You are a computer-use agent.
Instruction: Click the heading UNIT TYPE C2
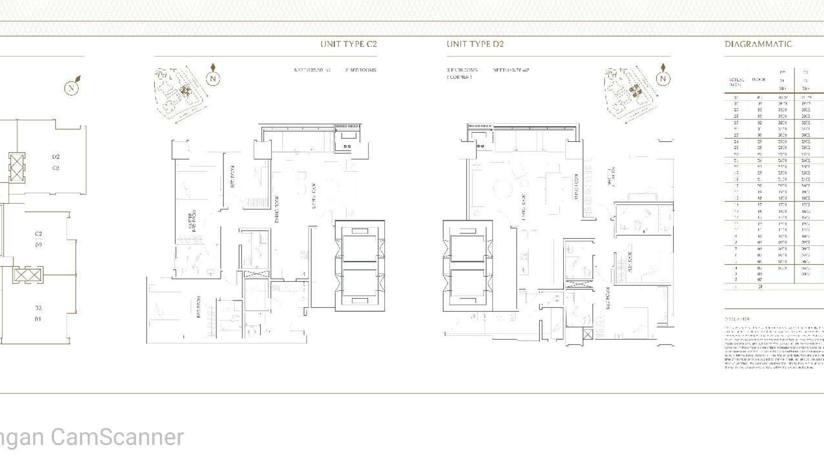349,44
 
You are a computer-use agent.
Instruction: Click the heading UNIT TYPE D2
475,44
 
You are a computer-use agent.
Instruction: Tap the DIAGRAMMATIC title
758,44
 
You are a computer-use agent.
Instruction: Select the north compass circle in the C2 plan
213,79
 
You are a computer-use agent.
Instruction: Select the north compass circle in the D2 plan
663,79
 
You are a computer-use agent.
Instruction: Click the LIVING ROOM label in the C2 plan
313,195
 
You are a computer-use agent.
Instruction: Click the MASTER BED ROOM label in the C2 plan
192,221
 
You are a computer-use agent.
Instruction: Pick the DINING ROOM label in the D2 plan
576,187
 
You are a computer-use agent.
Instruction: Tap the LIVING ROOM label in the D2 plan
524,207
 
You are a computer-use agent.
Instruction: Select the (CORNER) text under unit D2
459,77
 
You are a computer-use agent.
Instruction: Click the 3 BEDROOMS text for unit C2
361,70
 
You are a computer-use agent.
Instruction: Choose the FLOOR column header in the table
758,80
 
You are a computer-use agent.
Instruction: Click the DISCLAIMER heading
737,319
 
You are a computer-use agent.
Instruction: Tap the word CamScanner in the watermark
117,437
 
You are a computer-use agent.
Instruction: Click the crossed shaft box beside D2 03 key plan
17,167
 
